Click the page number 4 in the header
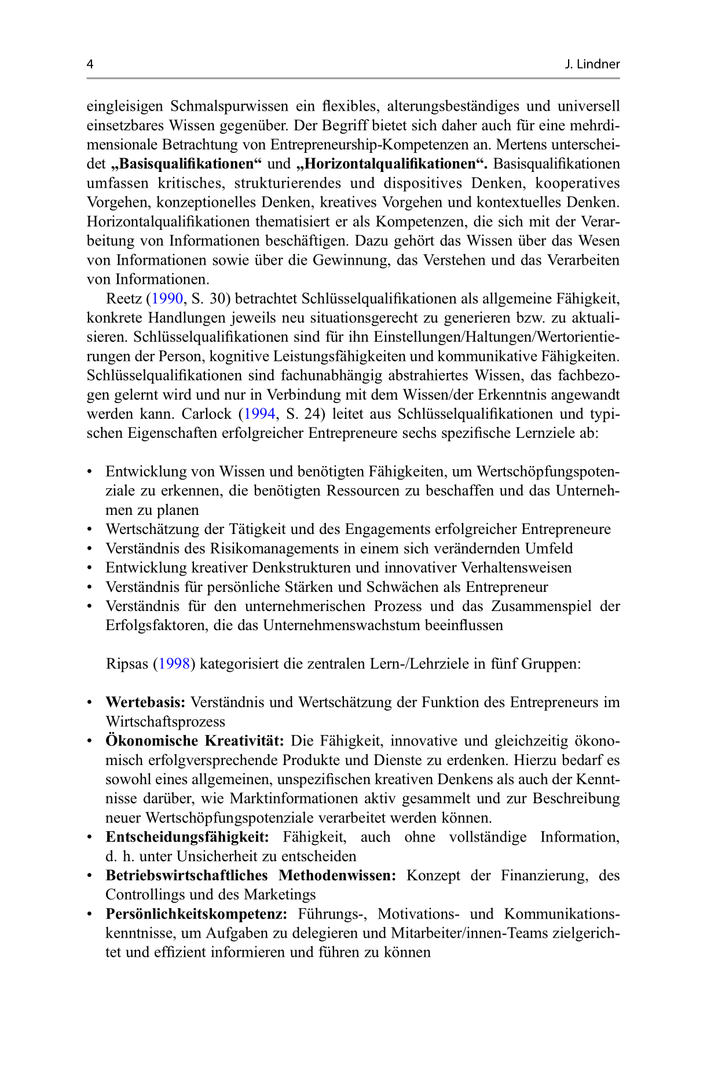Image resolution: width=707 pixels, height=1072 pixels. pyautogui.click(x=90, y=64)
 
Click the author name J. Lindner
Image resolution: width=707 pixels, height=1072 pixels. pyautogui.click(x=592, y=64)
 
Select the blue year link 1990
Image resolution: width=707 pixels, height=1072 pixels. pyautogui.click(x=167, y=299)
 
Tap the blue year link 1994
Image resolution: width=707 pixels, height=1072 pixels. pyautogui.click(x=259, y=414)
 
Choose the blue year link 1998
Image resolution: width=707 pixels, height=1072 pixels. pyautogui.click(x=174, y=664)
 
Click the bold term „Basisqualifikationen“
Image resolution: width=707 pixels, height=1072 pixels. pyautogui.click(x=186, y=164)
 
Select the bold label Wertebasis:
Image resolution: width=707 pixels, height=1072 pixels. pyautogui.click(x=145, y=703)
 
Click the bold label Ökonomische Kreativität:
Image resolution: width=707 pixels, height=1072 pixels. pyautogui.click(x=195, y=741)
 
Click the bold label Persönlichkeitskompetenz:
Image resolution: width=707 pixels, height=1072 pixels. pyautogui.click(x=196, y=914)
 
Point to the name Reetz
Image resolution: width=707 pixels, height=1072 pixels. pyautogui.click(x=124, y=299)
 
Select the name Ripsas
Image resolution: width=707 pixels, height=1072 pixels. pyautogui.click(x=127, y=664)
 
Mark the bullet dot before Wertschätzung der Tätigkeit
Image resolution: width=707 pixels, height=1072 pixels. pyautogui.click(x=90, y=529)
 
